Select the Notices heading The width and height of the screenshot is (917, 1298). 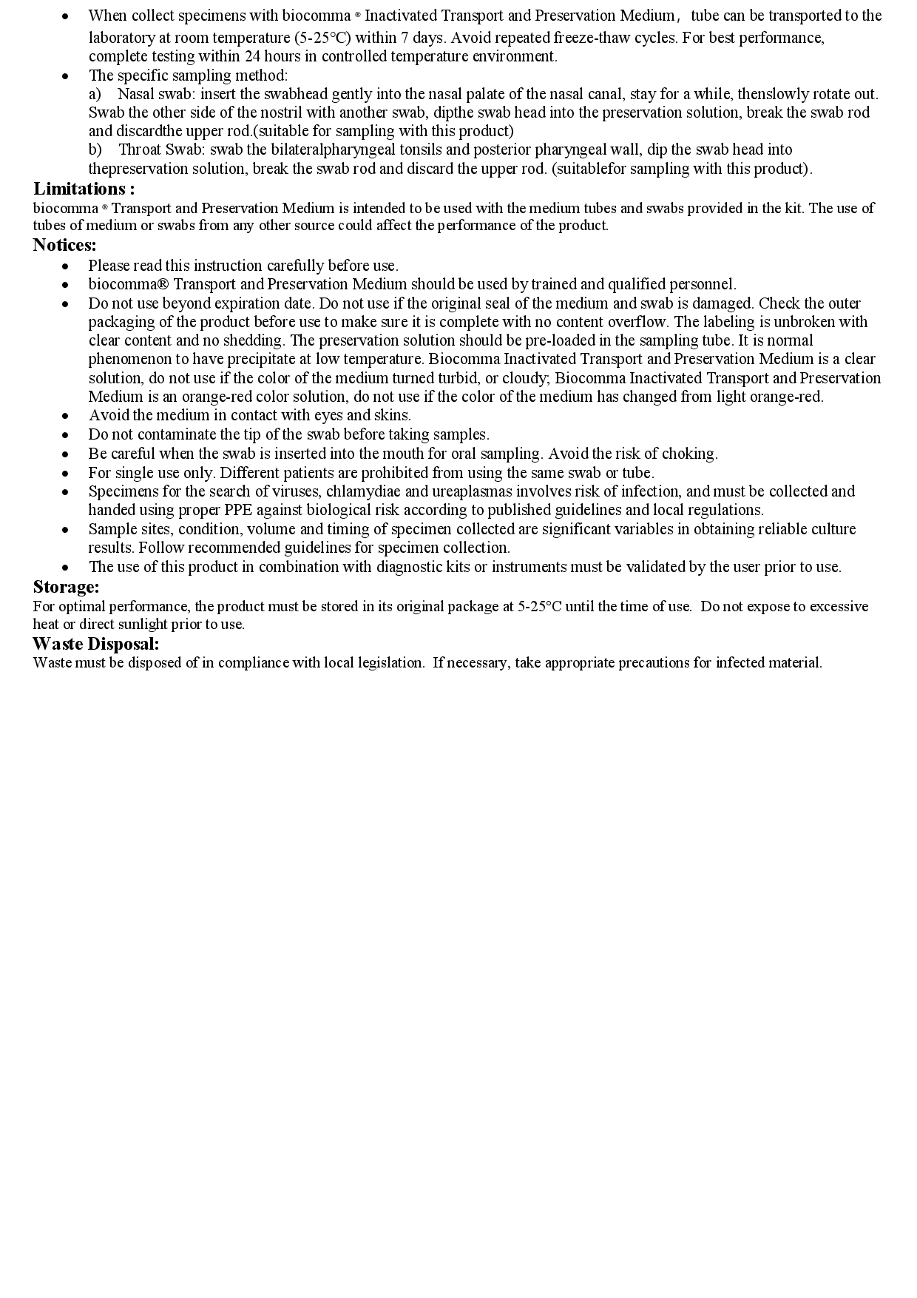64,245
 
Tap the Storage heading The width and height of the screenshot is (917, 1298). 66,587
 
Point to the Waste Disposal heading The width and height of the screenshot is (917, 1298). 96,643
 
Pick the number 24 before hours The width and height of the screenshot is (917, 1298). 253,56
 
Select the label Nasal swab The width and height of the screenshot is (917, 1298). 156,94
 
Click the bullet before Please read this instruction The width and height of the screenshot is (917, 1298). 65,266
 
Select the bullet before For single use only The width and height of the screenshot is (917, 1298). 65,473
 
